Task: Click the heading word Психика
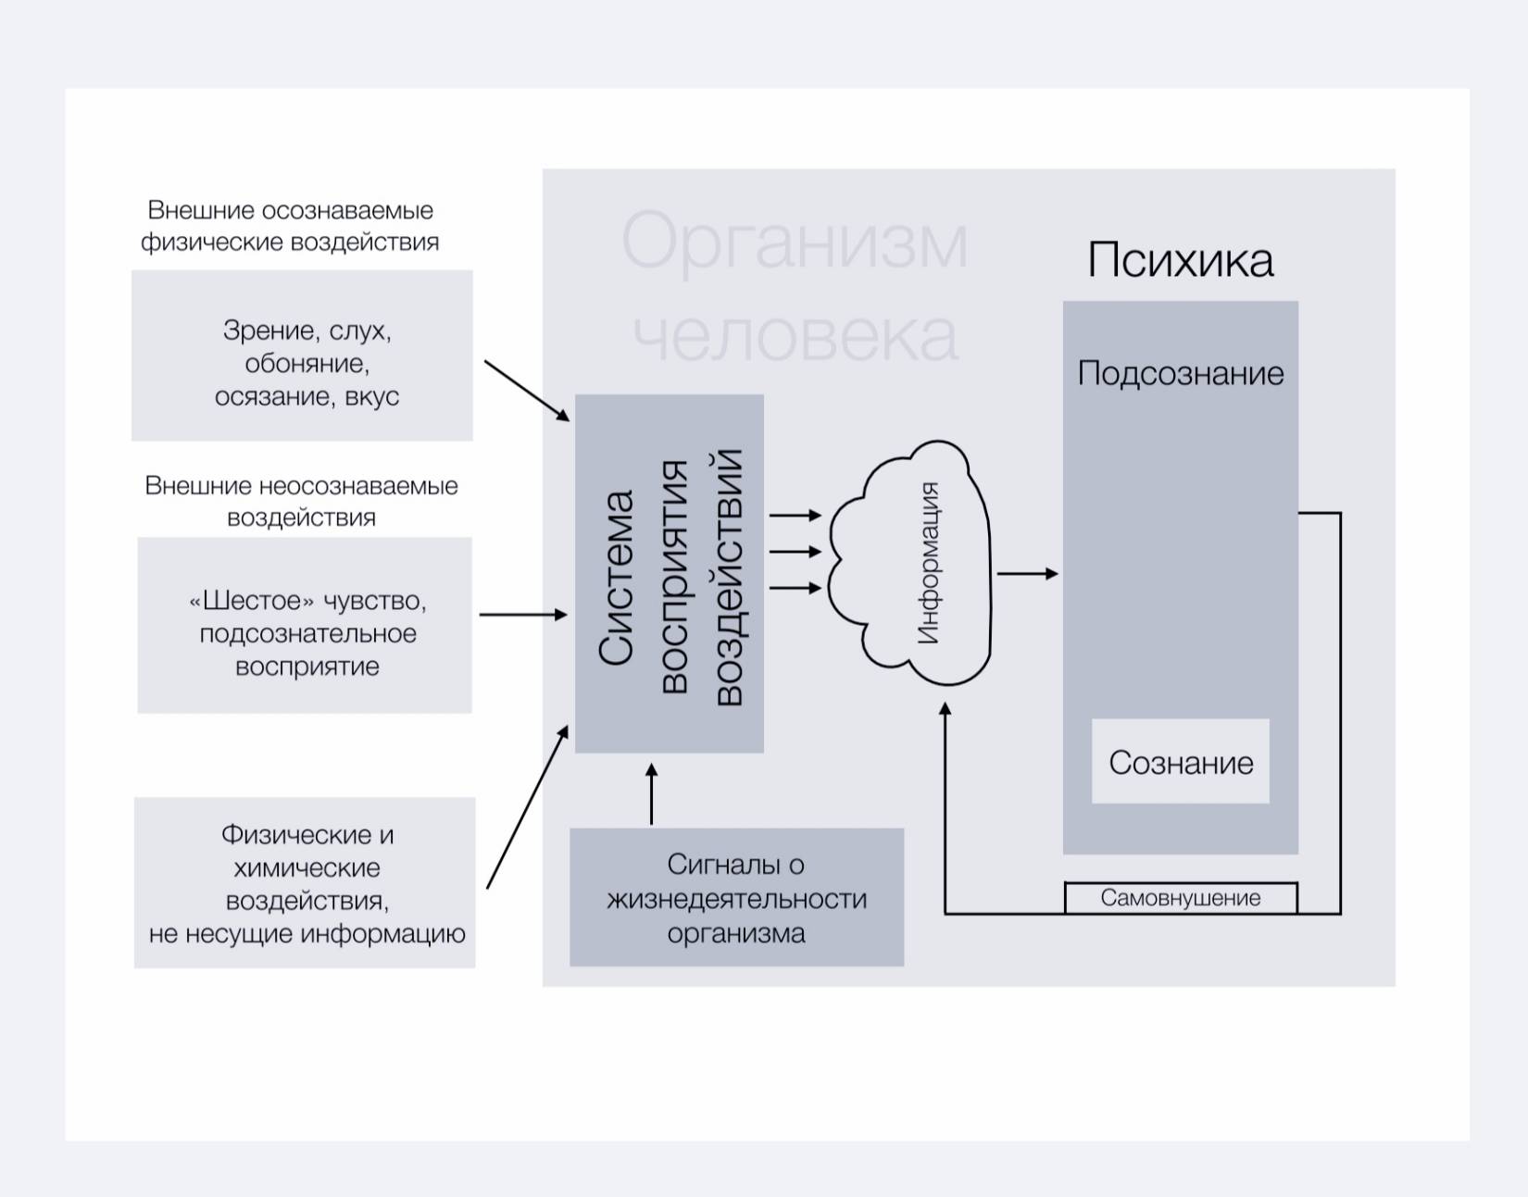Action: [1180, 260]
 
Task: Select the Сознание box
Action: [1181, 762]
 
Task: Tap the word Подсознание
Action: [1181, 374]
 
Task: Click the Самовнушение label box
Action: [1181, 898]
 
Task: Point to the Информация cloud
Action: [912, 563]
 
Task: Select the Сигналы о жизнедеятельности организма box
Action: [736, 897]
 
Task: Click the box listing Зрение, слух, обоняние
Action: [302, 355]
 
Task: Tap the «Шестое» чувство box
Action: [305, 625]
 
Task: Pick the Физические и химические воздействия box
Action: [305, 883]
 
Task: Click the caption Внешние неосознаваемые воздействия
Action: [302, 501]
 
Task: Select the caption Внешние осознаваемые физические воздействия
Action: [290, 226]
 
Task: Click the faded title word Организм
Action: [795, 242]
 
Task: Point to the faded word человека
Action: [795, 335]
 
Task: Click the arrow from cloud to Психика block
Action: [1027, 574]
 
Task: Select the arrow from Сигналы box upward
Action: [651, 793]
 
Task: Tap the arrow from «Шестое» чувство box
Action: [522, 615]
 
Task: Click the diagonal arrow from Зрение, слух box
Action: [526, 391]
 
